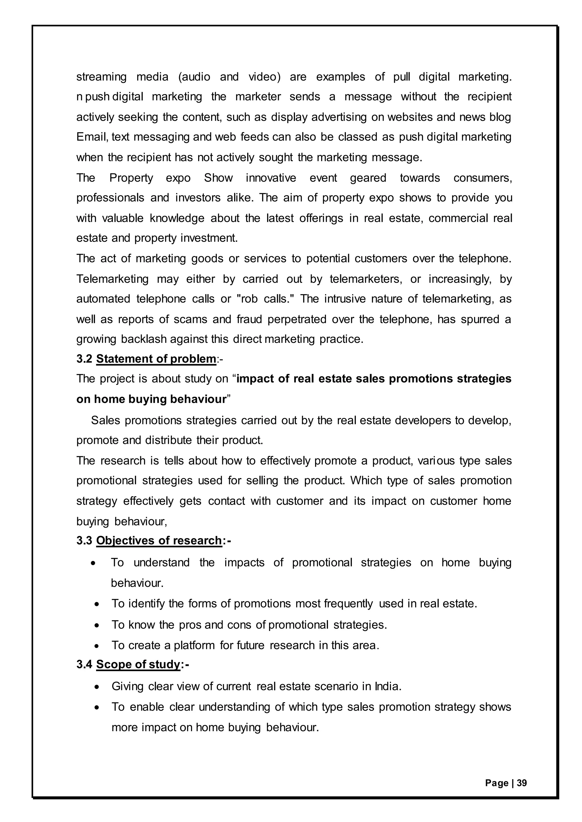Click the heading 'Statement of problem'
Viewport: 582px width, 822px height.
click(x=156, y=359)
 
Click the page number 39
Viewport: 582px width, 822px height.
click(x=522, y=783)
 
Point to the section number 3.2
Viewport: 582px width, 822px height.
click(x=84, y=359)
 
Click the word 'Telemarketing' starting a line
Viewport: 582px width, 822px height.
click(x=112, y=279)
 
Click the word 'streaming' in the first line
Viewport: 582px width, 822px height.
click(x=101, y=77)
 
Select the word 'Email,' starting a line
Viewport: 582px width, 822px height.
click(x=92, y=137)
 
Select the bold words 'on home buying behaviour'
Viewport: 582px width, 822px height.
click(x=151, y=399)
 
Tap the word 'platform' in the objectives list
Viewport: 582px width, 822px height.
click(x=194, y=645)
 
